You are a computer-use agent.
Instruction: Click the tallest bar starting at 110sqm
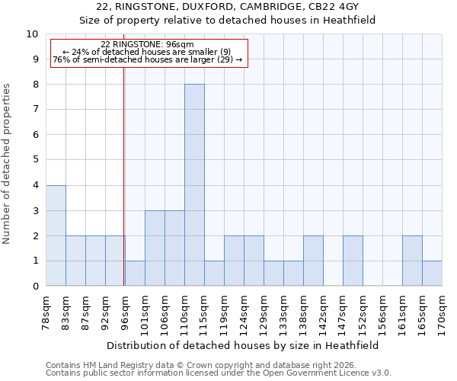pos(194,185)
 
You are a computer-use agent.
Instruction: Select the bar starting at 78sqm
pos(56,235)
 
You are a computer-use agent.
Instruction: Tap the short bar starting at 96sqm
pos(135,274)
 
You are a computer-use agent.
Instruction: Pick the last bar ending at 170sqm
pos(432,274)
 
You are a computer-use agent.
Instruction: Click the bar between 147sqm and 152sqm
pos(353,261)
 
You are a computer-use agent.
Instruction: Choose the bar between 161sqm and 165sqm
pos(412,261)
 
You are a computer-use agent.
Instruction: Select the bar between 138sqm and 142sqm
pos(313,261)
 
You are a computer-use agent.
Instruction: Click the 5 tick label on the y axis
pos(35,160)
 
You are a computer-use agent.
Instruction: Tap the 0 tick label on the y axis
pos(35,287)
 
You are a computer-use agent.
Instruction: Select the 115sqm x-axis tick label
pos(204,310)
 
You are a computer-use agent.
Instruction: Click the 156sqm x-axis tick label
pos(382,310)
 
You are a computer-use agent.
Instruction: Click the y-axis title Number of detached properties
pos(8,164)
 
